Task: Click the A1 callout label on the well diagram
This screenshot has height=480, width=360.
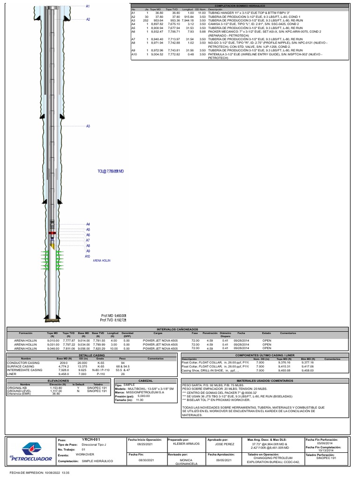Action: pos(88,6)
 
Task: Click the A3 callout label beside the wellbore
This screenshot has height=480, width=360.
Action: pos(88,126)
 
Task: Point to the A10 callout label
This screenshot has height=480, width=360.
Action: pos(87,256)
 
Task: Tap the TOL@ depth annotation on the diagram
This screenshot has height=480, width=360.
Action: pos(111,172)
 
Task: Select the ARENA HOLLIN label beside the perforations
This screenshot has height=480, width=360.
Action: pos(102,260)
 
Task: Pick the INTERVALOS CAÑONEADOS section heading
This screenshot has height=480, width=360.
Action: pos(180,330)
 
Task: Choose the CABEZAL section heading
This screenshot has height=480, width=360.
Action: pos(146,381)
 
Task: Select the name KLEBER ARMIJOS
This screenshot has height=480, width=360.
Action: pos(187,443)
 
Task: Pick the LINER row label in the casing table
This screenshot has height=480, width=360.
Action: pos(12,374)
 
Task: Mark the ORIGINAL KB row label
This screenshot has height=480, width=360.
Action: pos(17,388)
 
